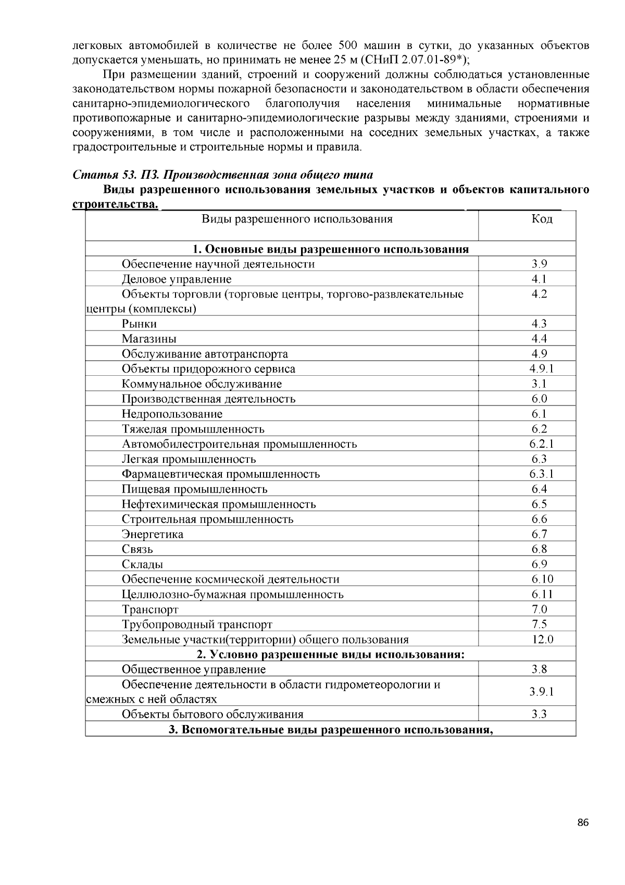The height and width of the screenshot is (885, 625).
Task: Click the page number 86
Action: pyautogui.click(x=583, y=823)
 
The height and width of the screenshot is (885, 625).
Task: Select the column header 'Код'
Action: pyautogui.click(x=542, y=219)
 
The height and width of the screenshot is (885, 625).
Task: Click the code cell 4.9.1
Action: pyautogui.click(x=542, y=369)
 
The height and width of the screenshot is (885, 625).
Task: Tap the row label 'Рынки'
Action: pyautogui.click(x=139, y=324)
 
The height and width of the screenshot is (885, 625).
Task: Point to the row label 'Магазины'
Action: pyautogui.click(x=149, y=339)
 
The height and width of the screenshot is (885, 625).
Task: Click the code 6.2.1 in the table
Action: pyautogui.click(x=542, y=444)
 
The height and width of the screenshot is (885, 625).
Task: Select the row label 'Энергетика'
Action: pyautogui.click(x=153, y=534)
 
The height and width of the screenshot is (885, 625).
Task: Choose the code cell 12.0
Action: pyautogui.click(x=542, y=640)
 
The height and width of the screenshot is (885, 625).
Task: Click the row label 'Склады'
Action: pyautogui.click(x=142, y=564)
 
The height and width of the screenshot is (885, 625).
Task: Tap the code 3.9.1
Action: pyautogui.click(x=542, y=692)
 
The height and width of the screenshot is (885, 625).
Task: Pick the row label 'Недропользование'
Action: pyautogui.click(x=172, y=414)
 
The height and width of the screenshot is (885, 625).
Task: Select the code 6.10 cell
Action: pyautogui.click(x=542, y=579)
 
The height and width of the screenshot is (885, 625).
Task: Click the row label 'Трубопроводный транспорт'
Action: pyautogui.click(x=197, y=624)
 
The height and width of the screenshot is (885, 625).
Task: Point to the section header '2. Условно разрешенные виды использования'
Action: pyautogui.click(x=330, y=654)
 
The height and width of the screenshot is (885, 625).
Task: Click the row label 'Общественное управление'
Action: pyautogui.click(x=193, y=670)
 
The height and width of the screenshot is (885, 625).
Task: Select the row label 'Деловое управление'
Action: pyautogui.click(x=177, y=279)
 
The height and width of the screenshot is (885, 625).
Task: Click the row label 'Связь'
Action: pyautogui.click(x=137, y=549)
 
